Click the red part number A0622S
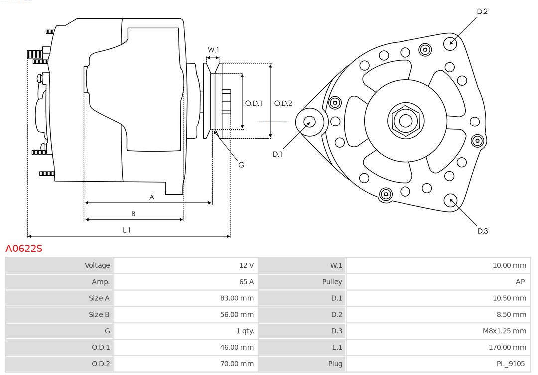click(x=24, y=248)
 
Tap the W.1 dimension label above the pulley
click(x=213, y=50)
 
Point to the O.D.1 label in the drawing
click(x=253, y=103)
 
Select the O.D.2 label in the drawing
click(x=283, y=103)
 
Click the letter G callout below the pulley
click(x=241, y=164)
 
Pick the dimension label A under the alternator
click(x=152, y=197)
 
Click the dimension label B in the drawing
click(x=134, y=214)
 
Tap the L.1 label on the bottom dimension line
click(x=127, y=230)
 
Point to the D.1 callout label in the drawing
click(x=277, y=154)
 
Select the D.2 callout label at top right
click(x=482, y=11)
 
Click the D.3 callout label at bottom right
click(x=482, y=231)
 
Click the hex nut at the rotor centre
click(x=405, y=121)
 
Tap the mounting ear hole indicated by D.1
click(x=309, y=121)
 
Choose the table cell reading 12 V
click(x=246, y=265)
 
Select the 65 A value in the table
click(x=246, y=282)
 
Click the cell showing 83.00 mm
click(x=237, y=298)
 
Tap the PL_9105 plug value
click(x=510, y=364)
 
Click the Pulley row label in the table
click(x=332, y=282)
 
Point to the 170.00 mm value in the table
click(x=507, y=347)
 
